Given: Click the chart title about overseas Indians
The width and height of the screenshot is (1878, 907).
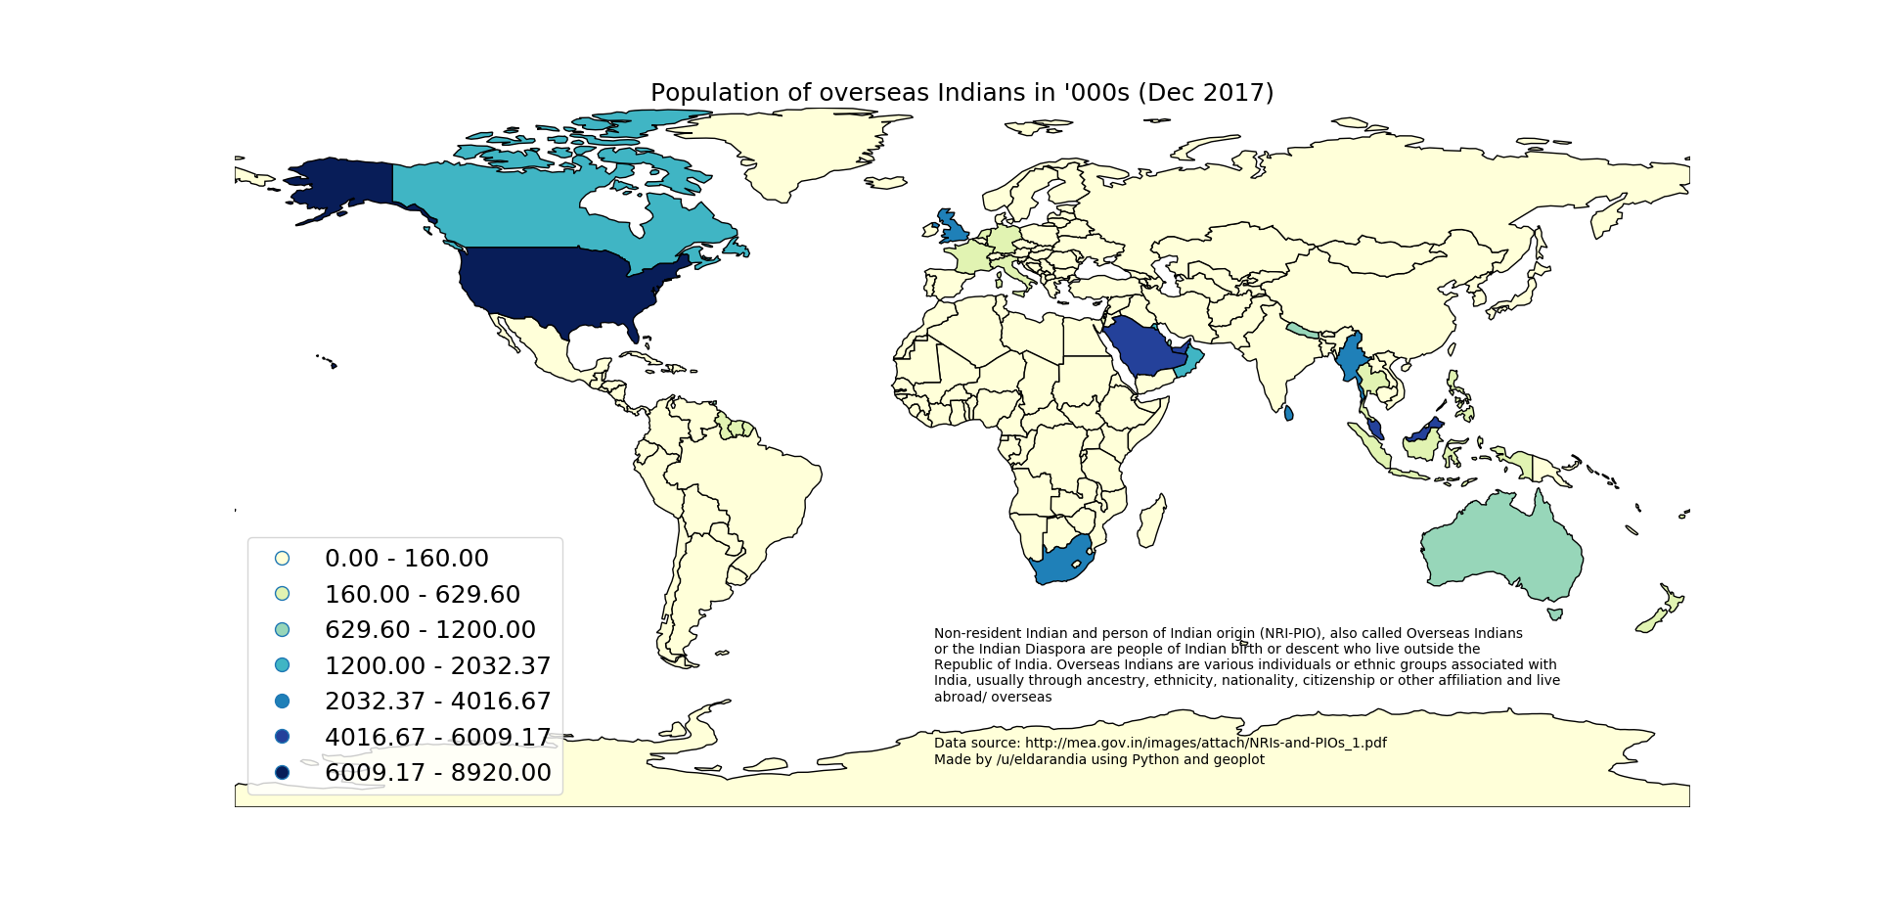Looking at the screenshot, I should (961, 93).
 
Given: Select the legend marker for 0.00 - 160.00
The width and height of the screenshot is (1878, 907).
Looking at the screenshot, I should (282, 559).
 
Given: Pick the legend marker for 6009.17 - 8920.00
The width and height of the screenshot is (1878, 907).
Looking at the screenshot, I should (282, 773).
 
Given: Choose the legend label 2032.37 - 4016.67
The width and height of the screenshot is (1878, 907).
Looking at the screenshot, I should (437, 702).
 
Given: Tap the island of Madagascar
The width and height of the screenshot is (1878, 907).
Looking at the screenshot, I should (1151, 521).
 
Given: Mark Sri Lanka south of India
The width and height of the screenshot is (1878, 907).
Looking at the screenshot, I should (1288, 414).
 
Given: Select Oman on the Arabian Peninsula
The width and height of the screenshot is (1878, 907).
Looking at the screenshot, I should (1191, 364).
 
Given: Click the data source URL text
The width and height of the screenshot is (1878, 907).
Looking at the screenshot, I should (1205, 743).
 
